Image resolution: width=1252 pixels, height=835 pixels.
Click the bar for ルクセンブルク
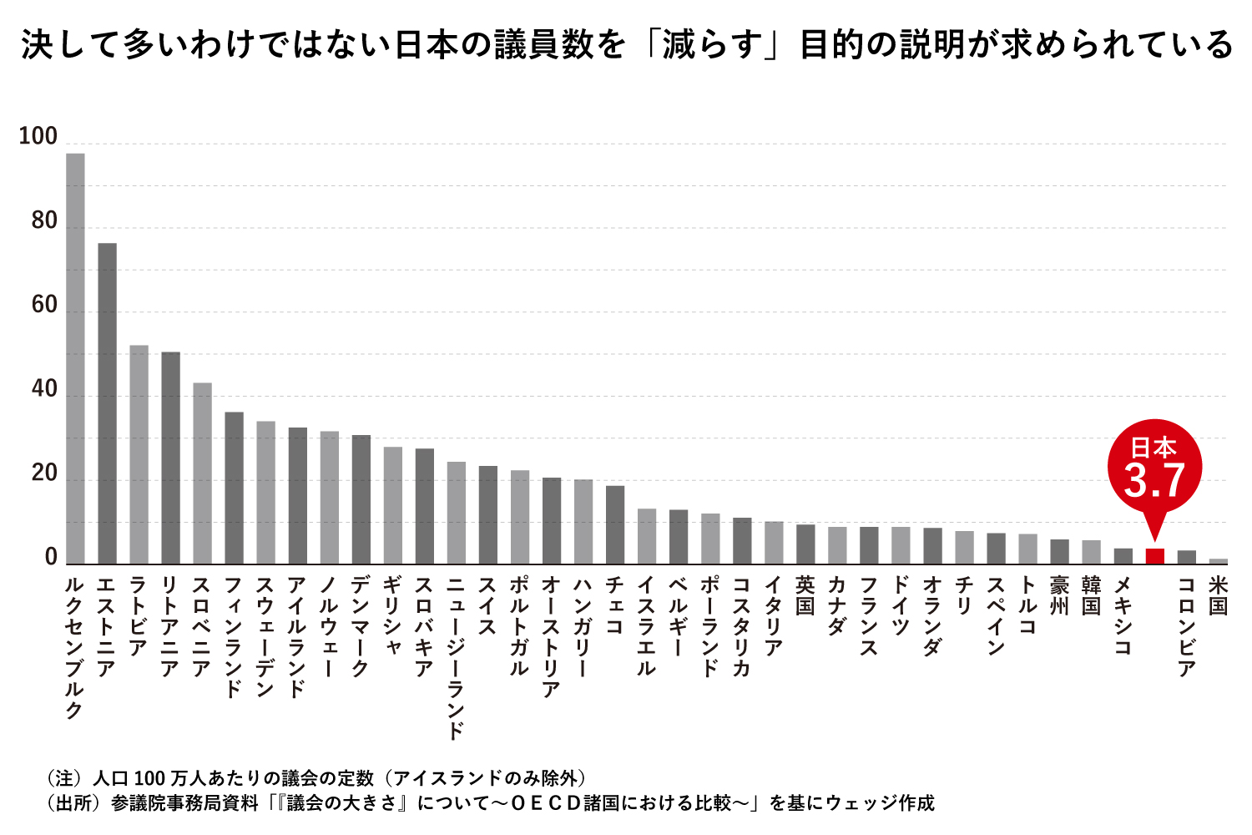coord(75,359)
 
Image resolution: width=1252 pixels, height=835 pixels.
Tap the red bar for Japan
coord(1154,556)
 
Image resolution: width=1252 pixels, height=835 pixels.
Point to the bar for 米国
coord(1219,561)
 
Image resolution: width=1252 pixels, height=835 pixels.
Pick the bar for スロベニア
coord(202,473)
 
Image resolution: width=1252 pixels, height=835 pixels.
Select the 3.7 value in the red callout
coord(1154,481)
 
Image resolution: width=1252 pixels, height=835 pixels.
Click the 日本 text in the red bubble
coord(1154,448)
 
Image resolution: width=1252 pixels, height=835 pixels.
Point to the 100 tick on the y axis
coord(38,137)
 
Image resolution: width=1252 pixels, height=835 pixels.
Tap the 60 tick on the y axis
coord(44,306)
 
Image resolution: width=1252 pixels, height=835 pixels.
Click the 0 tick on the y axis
coord(51,558)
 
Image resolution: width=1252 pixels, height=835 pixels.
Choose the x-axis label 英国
coord(805,595)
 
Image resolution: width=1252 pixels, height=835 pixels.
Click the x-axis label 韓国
coord(1091,595)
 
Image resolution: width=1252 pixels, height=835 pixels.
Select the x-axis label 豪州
coord(1059,595)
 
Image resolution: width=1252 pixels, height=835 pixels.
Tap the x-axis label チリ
coord(964,595)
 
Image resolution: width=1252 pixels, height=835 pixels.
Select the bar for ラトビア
coord(139,454)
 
